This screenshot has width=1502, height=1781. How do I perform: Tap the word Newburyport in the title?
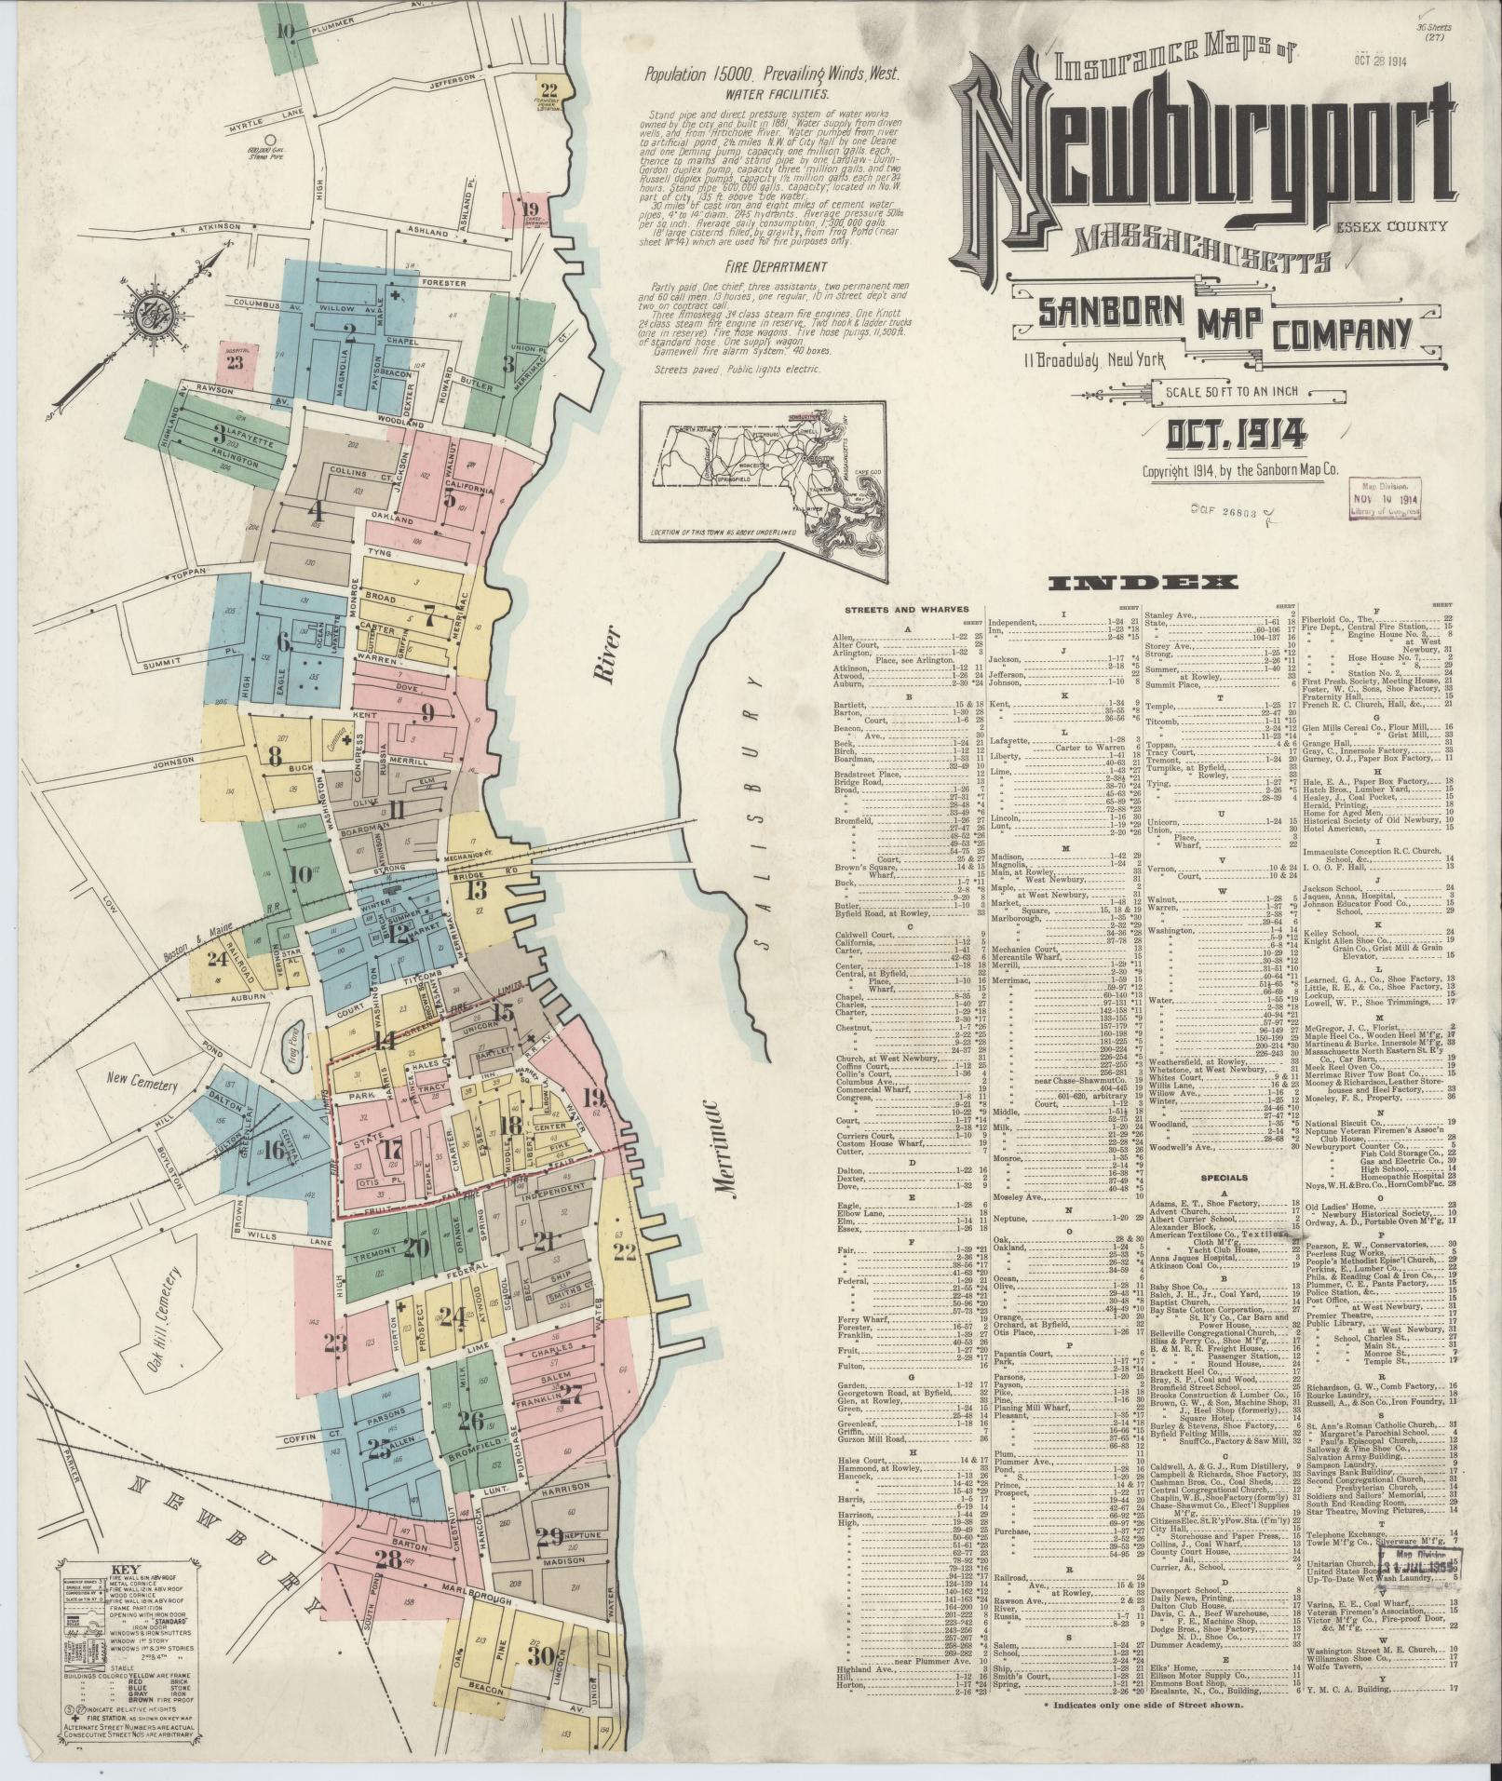pyautogui.click(x=1201, y=154)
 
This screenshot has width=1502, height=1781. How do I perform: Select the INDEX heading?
pyautogui.click(x=1143, y=583)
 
